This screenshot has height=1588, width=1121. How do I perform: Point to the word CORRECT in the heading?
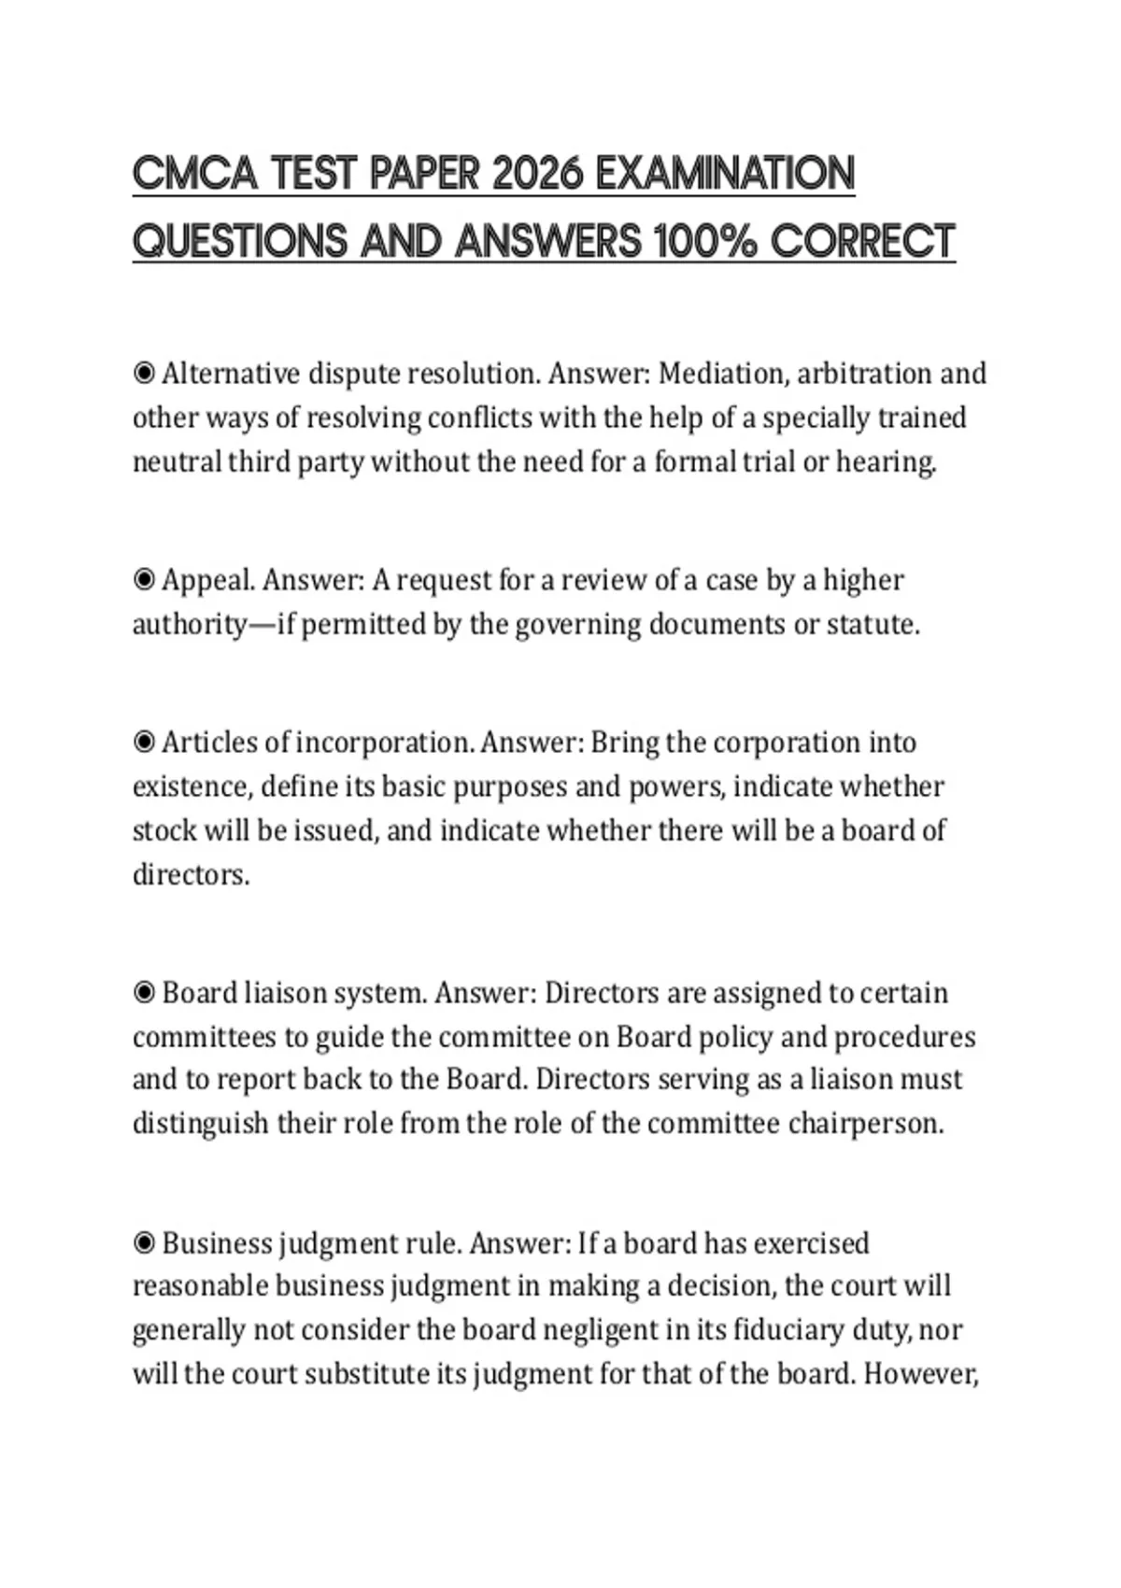tap(863, 242)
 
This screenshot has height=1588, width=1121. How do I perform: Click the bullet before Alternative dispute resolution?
tap(144, 374)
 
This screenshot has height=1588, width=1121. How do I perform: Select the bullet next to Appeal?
tap(144, 580)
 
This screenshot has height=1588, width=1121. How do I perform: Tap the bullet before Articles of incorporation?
tap(144, 743)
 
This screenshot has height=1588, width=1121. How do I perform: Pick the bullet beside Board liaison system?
tap(144, 992)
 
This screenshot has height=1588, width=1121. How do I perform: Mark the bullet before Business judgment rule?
tap(144, 1243)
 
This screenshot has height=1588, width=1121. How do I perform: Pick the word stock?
tap(163, 830)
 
